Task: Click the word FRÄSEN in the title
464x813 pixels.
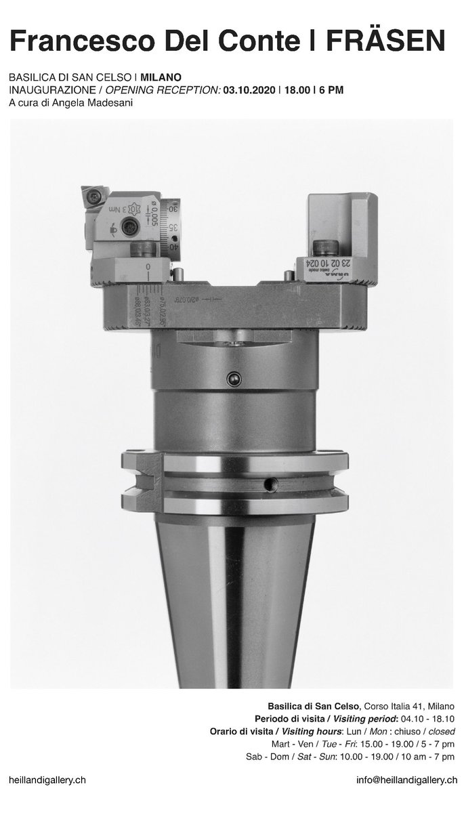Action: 385,41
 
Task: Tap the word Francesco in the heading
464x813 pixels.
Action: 83,41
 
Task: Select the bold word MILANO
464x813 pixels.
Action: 161,77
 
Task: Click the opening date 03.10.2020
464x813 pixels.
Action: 249,90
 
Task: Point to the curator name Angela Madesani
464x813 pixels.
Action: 92,103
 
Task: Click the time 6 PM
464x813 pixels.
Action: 331,90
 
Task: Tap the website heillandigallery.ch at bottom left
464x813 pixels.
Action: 47,780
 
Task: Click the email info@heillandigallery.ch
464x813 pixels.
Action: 406,780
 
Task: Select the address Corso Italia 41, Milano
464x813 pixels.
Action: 409,706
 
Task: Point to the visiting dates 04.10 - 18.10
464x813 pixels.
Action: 427,719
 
